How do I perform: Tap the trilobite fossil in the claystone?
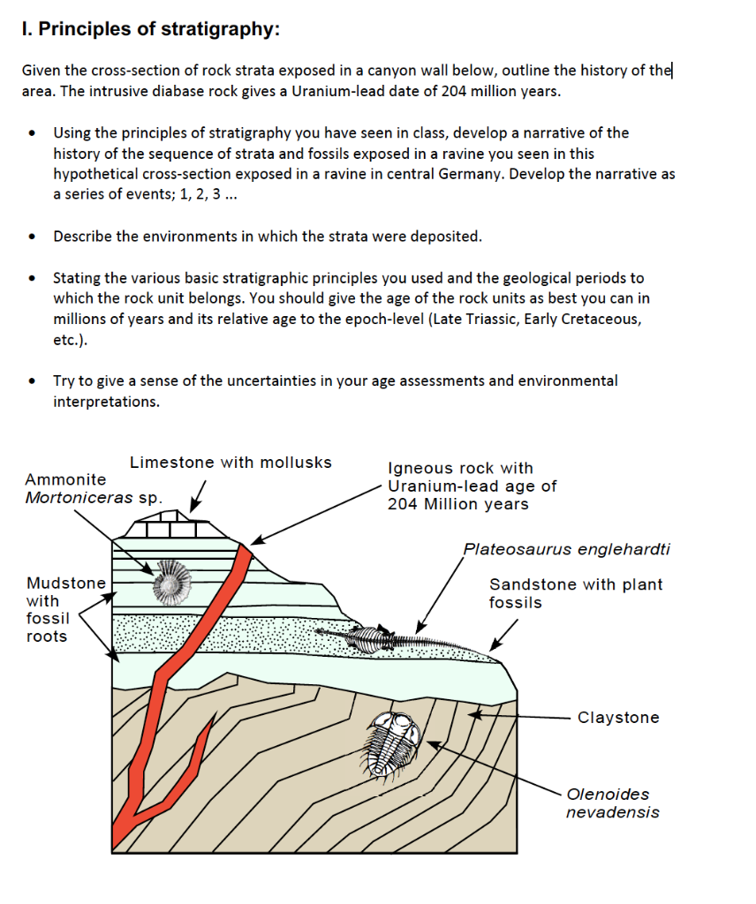point(394,744)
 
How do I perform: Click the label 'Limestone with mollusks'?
point(231,463)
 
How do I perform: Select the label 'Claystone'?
point(618,718)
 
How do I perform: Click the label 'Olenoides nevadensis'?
point(612,803)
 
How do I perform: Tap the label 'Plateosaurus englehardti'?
point(566,549)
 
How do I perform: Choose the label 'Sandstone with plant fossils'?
point(575,593)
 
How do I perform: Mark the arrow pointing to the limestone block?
point(199,495)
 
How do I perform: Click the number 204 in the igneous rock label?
point(403,504)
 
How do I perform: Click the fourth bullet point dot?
point(33,382)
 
